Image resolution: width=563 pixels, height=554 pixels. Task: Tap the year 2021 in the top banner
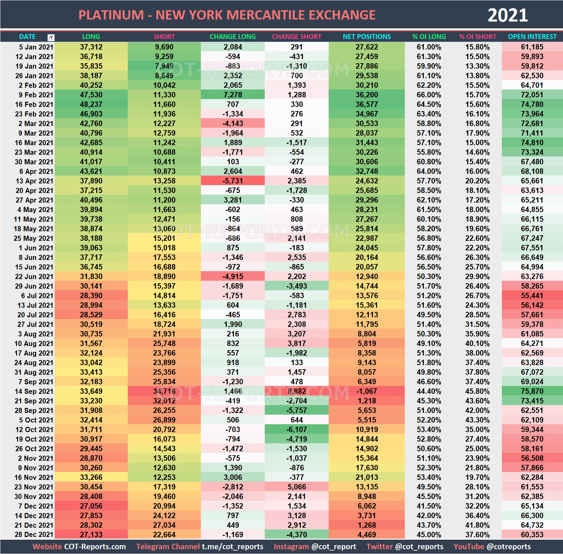pyautogui.click(x=507, y=15)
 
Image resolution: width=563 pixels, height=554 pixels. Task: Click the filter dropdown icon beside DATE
pyautogui.click(x=51, y=37)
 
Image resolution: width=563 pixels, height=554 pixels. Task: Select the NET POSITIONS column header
pyautogui.click(x=367, y=37)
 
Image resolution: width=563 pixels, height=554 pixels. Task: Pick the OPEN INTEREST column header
pyautogui.click(x=532, y=37)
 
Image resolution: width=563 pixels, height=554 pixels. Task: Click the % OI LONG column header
pyautogui.click(x=429, y=37)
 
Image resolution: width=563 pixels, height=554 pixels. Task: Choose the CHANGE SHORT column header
pyautogui.click(x=297, y=37)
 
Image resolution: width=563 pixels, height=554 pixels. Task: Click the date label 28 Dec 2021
pyautogui.click(x=34, y=535)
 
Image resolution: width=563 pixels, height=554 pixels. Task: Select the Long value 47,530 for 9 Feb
pyautogui.click(x=91, y=95)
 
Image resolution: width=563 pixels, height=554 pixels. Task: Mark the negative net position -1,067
pyautogui.click(x=367, y=391)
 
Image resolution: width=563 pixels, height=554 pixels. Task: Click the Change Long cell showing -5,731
pyautogui.click(x=233, y=181)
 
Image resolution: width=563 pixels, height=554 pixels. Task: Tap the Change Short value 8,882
pyautogui.click(x=297, y=391)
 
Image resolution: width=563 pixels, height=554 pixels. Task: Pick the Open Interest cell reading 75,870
pyautogui.click(x=532, y=391)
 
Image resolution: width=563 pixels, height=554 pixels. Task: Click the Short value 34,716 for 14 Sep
pyautogui.click(x=164, y=391)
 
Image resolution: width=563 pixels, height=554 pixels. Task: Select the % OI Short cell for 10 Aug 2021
pyautogui.click(x=477, y=344)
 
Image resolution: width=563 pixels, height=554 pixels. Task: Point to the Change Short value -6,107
pyautogui.click(x=297, y=430)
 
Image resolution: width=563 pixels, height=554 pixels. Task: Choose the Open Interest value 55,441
pyautogui.click(x=532, y=296)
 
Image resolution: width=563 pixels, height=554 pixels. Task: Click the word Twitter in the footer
pyautogui.click(x=379, y=546)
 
